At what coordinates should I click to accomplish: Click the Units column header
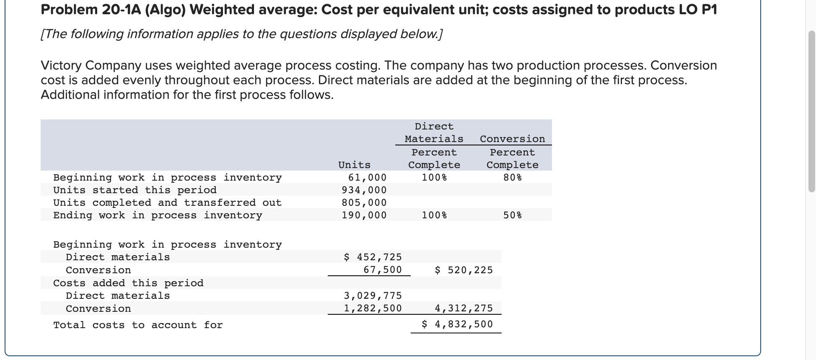pyautogui.click(x=354, y=165)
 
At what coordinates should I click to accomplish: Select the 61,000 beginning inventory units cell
pyautogui.click(x=367, y=177)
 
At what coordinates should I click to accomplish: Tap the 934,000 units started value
pyautogui.click(x=364, y=190)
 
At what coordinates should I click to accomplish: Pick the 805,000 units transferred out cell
pyautogui.click(x=364, y=202)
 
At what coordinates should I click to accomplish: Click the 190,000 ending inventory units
pyautogui.click(x=364, y=215)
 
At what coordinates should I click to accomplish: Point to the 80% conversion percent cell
pyautogui.click(x=512, y=177)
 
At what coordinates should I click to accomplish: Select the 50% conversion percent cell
pyautogui.click(x=512, y=215)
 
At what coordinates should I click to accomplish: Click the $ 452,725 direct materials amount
pyautogui.click(x=373, y=257)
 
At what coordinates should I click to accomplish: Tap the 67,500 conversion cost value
pyautogui.click(x=382, y=269)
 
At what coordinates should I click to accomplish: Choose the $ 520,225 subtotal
pyautogui.click(x=464, y=270)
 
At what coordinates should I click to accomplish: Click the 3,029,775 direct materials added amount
pyautogui.click(x=373, y=295)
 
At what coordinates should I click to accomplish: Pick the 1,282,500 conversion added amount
pyautogui.click(x=373, y=308)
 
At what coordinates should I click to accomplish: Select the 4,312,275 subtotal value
pyautogui.click(x=464, y=308)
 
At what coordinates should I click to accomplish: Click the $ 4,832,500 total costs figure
pyautogui.click(x=457, y=324)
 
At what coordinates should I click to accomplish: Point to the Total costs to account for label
pyautogui.click(x=138, y=325)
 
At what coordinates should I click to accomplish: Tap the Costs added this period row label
pyautogui.click(x=128, y=283)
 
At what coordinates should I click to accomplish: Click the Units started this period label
pyautogui.click(x=135, y=190)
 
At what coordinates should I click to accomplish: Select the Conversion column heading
pyautogui.click(x=512, y=139)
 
